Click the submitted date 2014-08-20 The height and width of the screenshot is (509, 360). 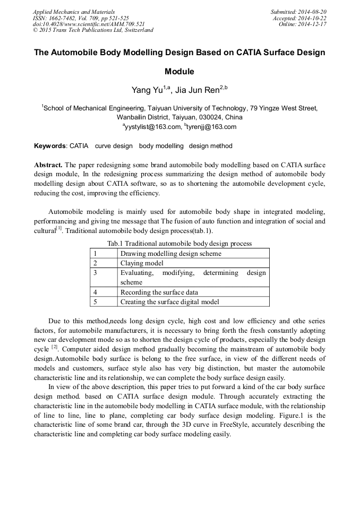(312, 11)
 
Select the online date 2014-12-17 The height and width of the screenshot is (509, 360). (313, 24)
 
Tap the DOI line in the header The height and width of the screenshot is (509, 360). (89, 24)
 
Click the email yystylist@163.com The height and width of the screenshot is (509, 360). (153, 127)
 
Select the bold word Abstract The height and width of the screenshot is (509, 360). (49, 164)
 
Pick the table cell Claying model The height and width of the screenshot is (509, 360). (142, 263)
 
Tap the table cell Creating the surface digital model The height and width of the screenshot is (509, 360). (169, 301)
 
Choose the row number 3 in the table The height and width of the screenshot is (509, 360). (95, 273)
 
